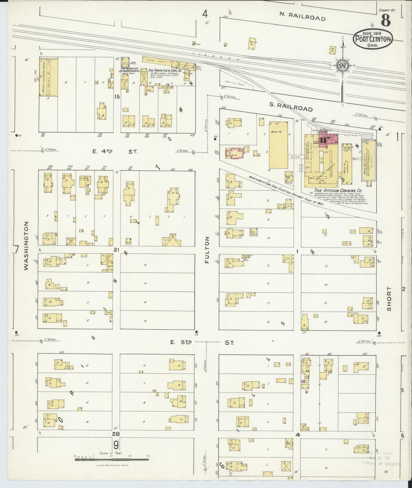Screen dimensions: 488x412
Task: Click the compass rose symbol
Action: coord(342,65)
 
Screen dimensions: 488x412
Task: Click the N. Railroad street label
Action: coord(302,17)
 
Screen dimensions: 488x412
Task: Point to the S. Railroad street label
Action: coord(291,108)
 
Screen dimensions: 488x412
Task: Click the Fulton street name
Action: coord(207,250)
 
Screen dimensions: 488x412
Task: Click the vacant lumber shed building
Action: coord(48,77)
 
